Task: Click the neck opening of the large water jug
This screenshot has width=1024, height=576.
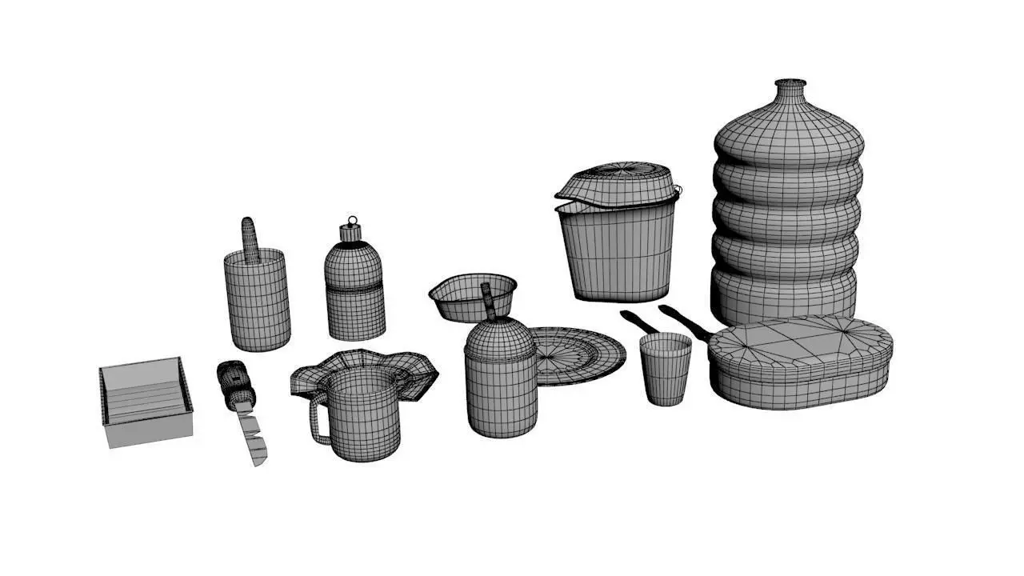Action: [790, 82]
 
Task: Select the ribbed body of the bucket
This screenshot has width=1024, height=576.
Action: [616, 252]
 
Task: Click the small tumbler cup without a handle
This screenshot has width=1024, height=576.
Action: [666, 370]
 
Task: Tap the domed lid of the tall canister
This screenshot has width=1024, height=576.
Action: [499, 339]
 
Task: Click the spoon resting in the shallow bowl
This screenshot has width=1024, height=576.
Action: [487, 300]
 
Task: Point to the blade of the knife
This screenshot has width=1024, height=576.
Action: [251, 436]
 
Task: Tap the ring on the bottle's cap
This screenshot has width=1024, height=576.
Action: [351, 221]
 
